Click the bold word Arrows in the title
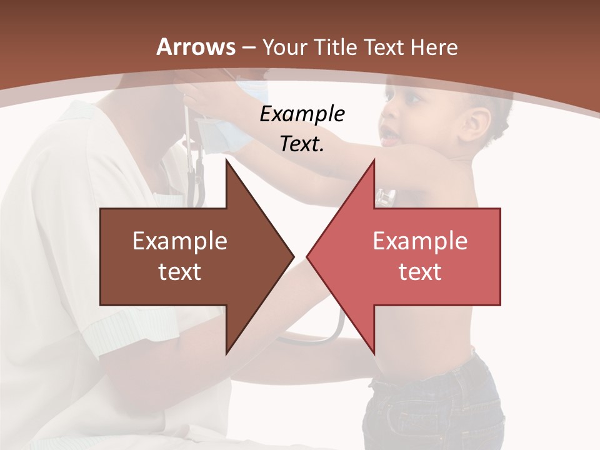(196, 47)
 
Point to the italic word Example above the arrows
(302, 114)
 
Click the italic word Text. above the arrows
(302, 144)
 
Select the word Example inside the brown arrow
(179, 241)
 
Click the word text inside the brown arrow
(179, 272)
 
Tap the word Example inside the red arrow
(420, 241)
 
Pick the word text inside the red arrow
(420, 272)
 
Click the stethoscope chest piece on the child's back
(385, 199)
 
